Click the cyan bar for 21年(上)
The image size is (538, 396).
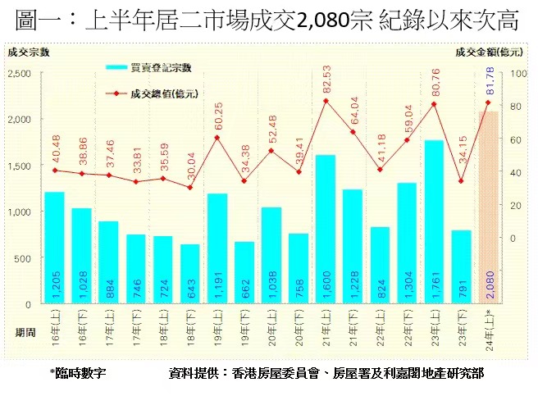tap(326, 229)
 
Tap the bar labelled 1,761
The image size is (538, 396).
tap(434, 222)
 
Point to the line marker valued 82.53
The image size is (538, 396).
tap(326, 101)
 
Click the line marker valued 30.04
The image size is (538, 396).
tap(190, 188)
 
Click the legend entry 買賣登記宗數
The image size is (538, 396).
tap(159, 67)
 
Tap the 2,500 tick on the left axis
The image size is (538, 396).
tap(19, 74)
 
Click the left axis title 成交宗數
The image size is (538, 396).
tap(28, 52)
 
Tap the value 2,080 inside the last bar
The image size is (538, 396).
tap(490, 288)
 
